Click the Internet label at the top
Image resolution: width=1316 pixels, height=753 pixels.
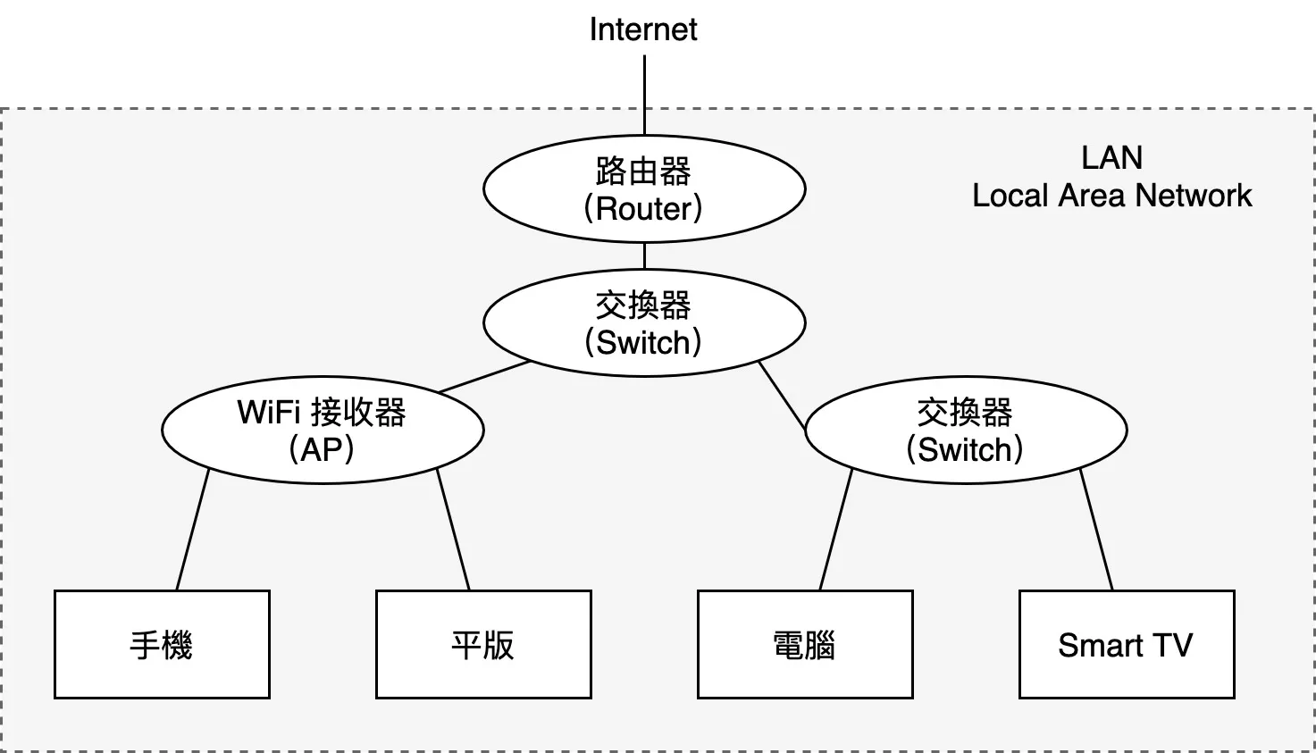pyautogui.click(x=643, y=29)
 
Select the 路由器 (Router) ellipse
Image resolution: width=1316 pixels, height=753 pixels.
pyautogui.click(x=644, y=188)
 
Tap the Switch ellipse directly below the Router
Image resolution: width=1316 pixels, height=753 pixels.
pyautogui.click(x=644, y=322)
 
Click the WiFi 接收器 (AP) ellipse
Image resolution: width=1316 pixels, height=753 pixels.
pyautogui.click(x=323, y=430)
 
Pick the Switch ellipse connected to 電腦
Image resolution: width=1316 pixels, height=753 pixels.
pyautogui.click(x=966, y=430)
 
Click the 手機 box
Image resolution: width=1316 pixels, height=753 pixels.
pyautogui.click(x=162, y=644)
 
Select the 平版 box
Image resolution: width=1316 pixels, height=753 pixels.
pyautogui.click(x=483, y=644)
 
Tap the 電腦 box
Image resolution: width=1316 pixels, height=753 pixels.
pyautogui.click(x=805, y=644)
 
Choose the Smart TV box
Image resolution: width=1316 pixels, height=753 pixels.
pyautogui.click(x=1127, y=644)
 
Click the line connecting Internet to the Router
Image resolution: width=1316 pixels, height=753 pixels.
pyautogui.click(x=645, y=94)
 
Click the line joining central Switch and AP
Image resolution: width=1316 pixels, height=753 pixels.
pyautogui.click(x=484, y=377)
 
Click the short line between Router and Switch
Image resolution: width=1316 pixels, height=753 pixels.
pyautogui.click(x=645, y=255)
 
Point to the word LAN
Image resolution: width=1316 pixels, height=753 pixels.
pyautogui.click(x=1111, y=158)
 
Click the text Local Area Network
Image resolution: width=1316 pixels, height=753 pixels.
pyautogui.click(x=1111, y=196)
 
